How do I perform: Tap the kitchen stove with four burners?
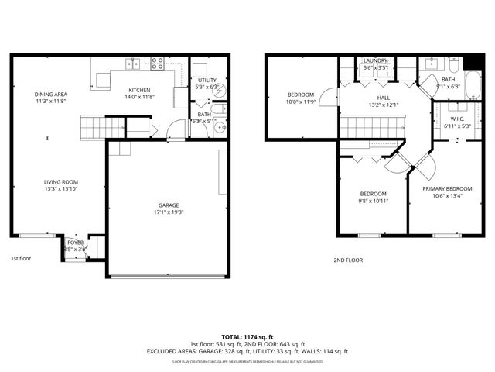(x=158, y=63)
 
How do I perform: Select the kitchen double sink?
(x=133, y=63)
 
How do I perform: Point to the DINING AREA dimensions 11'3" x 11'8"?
(x=49, y=101)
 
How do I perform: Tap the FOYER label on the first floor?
(x=75, y=243)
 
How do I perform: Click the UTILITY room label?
(x=207, y=80)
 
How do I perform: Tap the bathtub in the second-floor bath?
(x=473, y=82)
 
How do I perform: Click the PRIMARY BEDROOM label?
(x=447, y=188)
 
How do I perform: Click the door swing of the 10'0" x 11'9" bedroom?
(x=329, y=96)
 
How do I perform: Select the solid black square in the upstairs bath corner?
(x=474, y=63)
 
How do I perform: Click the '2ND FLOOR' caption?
(x=347, y=260)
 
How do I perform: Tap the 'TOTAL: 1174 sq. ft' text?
(x=247, y=337)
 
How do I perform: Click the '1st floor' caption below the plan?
(x=21, y=258)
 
